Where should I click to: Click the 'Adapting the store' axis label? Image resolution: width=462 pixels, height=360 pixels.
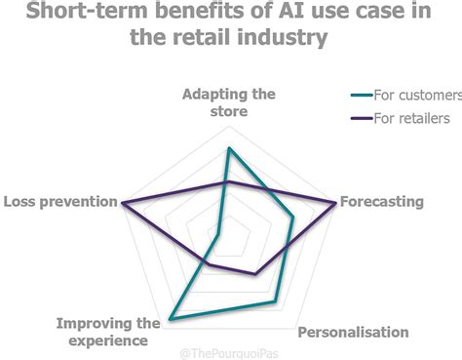[227, 102]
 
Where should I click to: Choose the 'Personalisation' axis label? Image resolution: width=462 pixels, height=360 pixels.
[353, 332]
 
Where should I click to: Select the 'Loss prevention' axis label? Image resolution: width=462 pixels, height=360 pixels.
[58, 202]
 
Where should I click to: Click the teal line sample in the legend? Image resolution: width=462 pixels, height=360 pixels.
[363, 95]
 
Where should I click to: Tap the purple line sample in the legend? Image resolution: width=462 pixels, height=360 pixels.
[363, 119]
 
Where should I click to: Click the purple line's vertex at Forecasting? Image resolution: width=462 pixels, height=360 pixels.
[336, 203]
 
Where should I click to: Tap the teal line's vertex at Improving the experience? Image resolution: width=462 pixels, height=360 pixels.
[171, 319]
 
